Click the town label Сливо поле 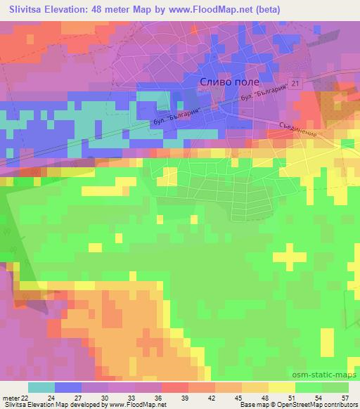(x=225, y=82)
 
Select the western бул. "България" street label (x=171, y=115)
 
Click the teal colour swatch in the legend (x=41, y=387)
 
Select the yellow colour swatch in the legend (x=283, y=387)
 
